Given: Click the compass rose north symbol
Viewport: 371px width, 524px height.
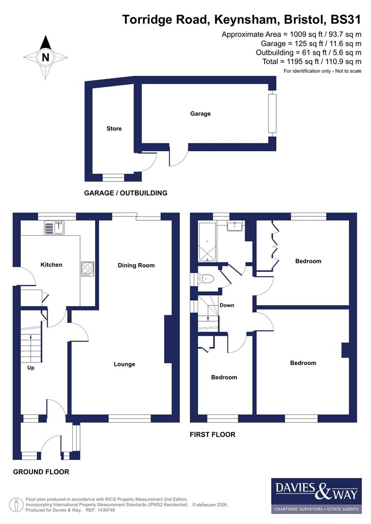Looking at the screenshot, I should pos(46,57).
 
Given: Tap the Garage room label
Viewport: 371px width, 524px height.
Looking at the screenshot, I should pos(200,114).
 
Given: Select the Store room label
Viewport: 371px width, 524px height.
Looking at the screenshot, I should pos(114,129).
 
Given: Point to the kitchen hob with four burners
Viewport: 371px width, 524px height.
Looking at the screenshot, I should pos(87,269).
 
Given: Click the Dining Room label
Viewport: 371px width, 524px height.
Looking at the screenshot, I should pos(136,265).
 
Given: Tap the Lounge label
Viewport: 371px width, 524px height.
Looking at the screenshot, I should pos(124,364).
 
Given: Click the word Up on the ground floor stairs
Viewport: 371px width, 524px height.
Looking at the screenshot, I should pos(30,367).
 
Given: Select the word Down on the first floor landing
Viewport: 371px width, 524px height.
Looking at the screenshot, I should pos(227,305).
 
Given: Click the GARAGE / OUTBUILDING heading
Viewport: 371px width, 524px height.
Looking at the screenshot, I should pos(126,193).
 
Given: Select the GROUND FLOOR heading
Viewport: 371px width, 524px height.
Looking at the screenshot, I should pos(41,472).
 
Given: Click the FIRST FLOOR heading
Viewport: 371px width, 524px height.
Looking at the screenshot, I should pos(212,435).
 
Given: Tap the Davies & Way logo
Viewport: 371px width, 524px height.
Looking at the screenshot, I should pos(316,495).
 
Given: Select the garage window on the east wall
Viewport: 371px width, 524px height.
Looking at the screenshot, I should pos(272,114).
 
